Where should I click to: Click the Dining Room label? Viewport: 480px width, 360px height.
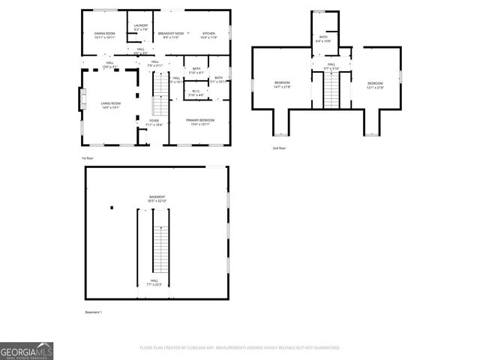coord(104,35)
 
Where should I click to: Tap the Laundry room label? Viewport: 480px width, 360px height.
coord(140,28)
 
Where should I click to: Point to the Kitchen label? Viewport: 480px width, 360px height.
coord(208,35)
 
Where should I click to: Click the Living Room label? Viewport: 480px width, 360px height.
coord(111,106)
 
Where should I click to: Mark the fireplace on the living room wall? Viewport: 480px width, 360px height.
coord(82,99)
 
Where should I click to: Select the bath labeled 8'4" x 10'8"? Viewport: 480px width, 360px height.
coord(323,39)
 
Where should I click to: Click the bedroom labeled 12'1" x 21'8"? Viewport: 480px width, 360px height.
coord(375,85)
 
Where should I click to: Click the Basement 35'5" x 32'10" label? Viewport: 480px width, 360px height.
coord(156,199)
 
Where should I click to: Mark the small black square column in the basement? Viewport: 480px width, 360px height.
coord(111,208)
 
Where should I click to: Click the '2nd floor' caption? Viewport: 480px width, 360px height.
coord(279,148)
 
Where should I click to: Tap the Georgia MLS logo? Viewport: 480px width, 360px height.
coord(26,351)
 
